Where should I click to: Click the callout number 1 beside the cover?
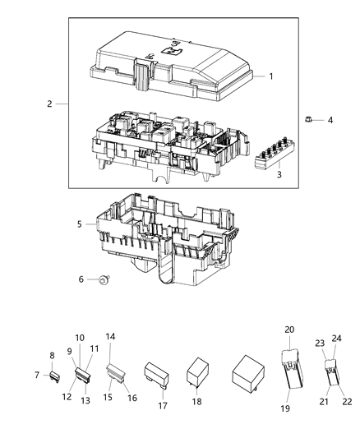pyautogui.click(x=270, y=76)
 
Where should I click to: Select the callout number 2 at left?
pyautogui.click(x=49, y=104)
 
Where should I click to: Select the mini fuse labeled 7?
pyautogui.click(x=56, y=377)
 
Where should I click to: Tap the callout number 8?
pyautogui.click(x=53, y=356)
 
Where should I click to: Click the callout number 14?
pyautogui.click(x=110, y=337)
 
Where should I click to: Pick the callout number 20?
pyautogui.click(x=288, y=329)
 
